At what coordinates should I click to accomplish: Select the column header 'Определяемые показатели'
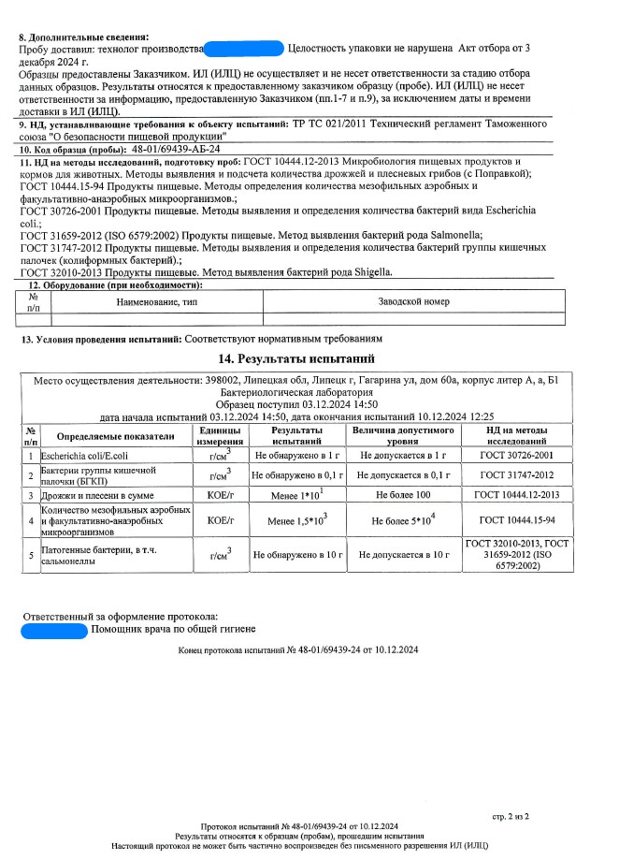point(116,436)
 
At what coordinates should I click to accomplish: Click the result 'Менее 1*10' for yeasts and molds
point(294,494)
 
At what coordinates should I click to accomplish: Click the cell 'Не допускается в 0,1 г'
point(403,475)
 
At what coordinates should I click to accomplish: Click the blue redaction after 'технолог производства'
point(243,47)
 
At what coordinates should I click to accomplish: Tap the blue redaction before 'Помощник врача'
point(54,632)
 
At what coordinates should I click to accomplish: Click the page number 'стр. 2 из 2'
point(511,816)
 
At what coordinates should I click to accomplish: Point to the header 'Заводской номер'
point(413,301)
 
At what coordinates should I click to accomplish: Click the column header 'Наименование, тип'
point(156,301)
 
